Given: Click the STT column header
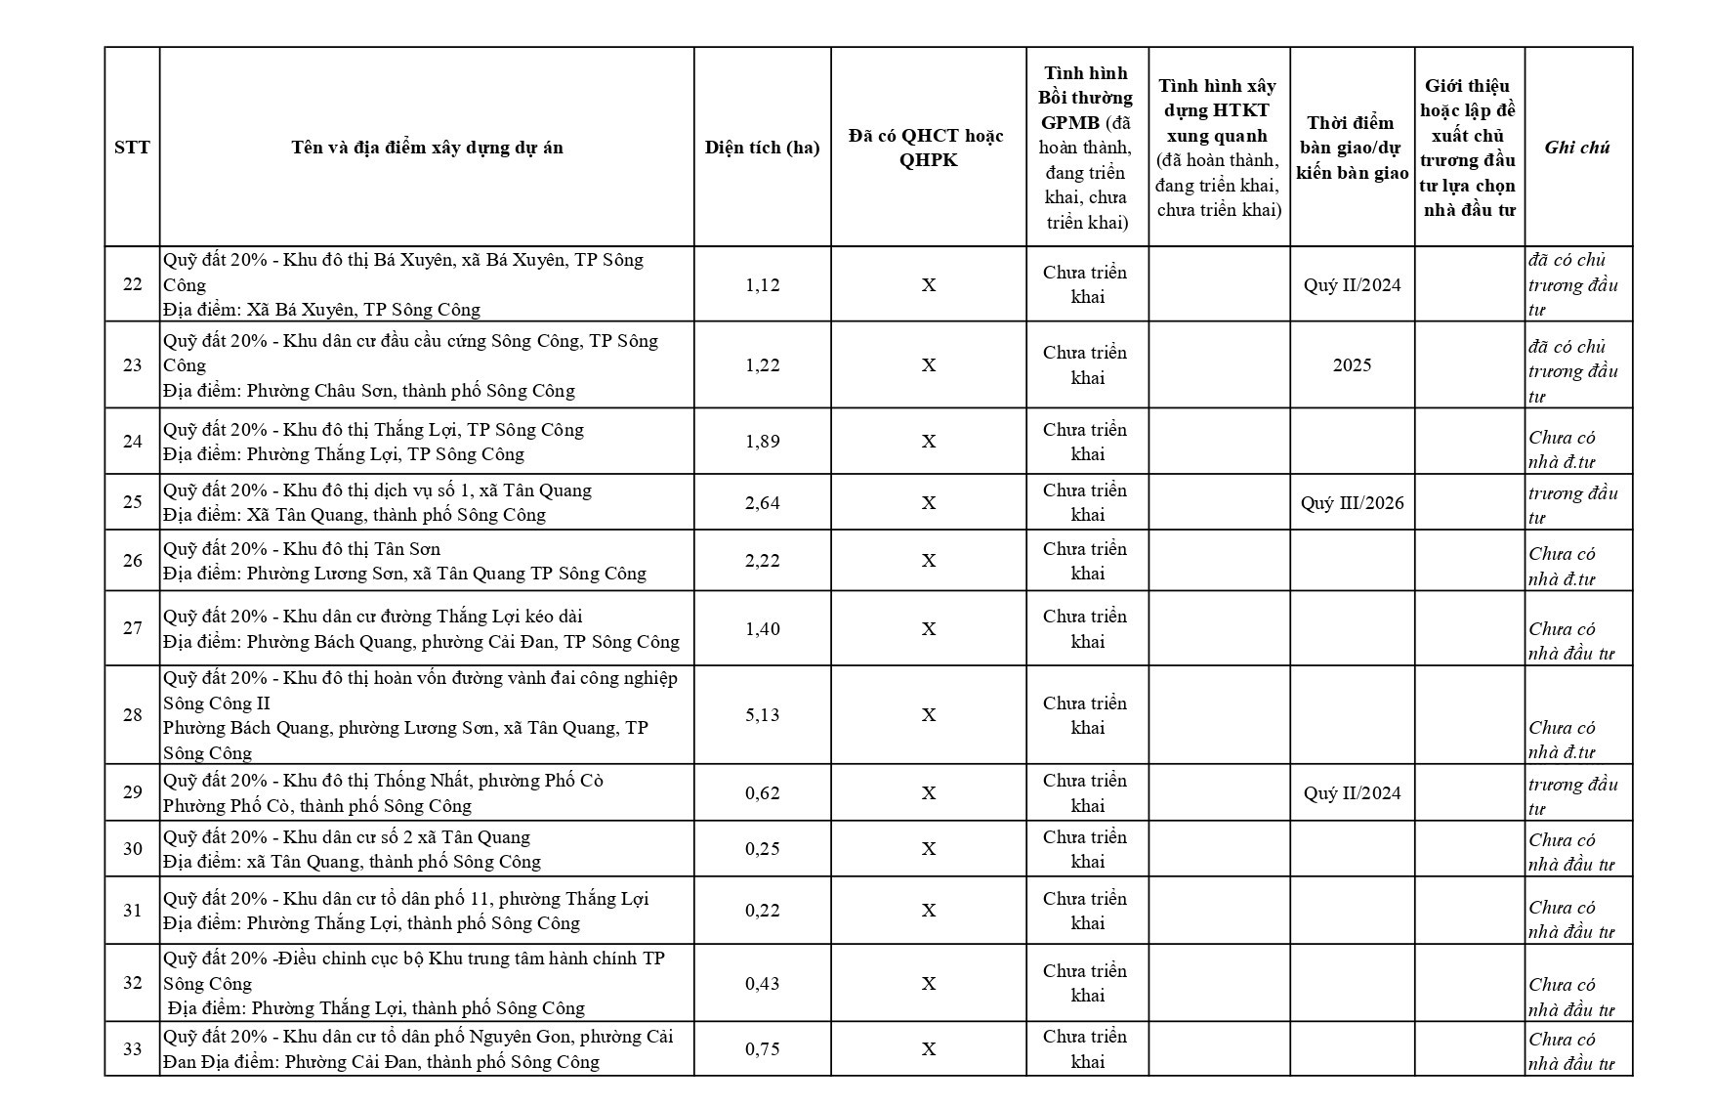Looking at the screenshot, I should (x=132, y=148).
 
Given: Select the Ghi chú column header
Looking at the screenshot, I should (x=1577, y=148).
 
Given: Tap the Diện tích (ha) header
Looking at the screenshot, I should (x=762, y=148).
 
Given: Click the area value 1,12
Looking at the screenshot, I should (x=762, y=284).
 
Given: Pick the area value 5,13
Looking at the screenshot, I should (x=762, y=715).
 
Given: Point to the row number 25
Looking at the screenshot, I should (x=132, y=502).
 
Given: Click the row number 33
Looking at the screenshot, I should (x=132, y=1048).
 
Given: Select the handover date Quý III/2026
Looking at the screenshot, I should (x=1352, y=502).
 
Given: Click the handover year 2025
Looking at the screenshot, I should (x=1352, y=364).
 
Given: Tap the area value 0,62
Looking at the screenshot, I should (x=762, y=792).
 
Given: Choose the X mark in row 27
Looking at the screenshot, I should (x=928, y=628).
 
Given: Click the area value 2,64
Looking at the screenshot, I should (x=762, y=502).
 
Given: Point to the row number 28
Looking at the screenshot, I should (x=132, y=715).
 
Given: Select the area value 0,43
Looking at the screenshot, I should (x=762, y=983).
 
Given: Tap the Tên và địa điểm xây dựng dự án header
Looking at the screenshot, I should (x=427, y=148).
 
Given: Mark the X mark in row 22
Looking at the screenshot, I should (x=928, y=284).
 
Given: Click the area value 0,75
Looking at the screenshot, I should (x=762, y=1048).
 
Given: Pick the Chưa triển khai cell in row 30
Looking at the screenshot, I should (x=1086, y=849).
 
